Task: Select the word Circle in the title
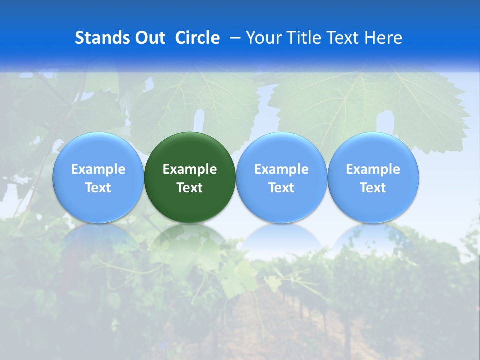coord(197,38)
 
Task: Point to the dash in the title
coord(234,38)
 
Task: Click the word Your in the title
coord(262,38)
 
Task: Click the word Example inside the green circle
coord(190,169)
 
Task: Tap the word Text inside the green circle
coord(190,188)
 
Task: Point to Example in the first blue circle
coord(98,169)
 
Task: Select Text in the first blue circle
coord(98,188)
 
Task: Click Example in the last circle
coord(373,169)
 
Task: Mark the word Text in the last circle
coord(373,188)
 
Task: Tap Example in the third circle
coord(281,169)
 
